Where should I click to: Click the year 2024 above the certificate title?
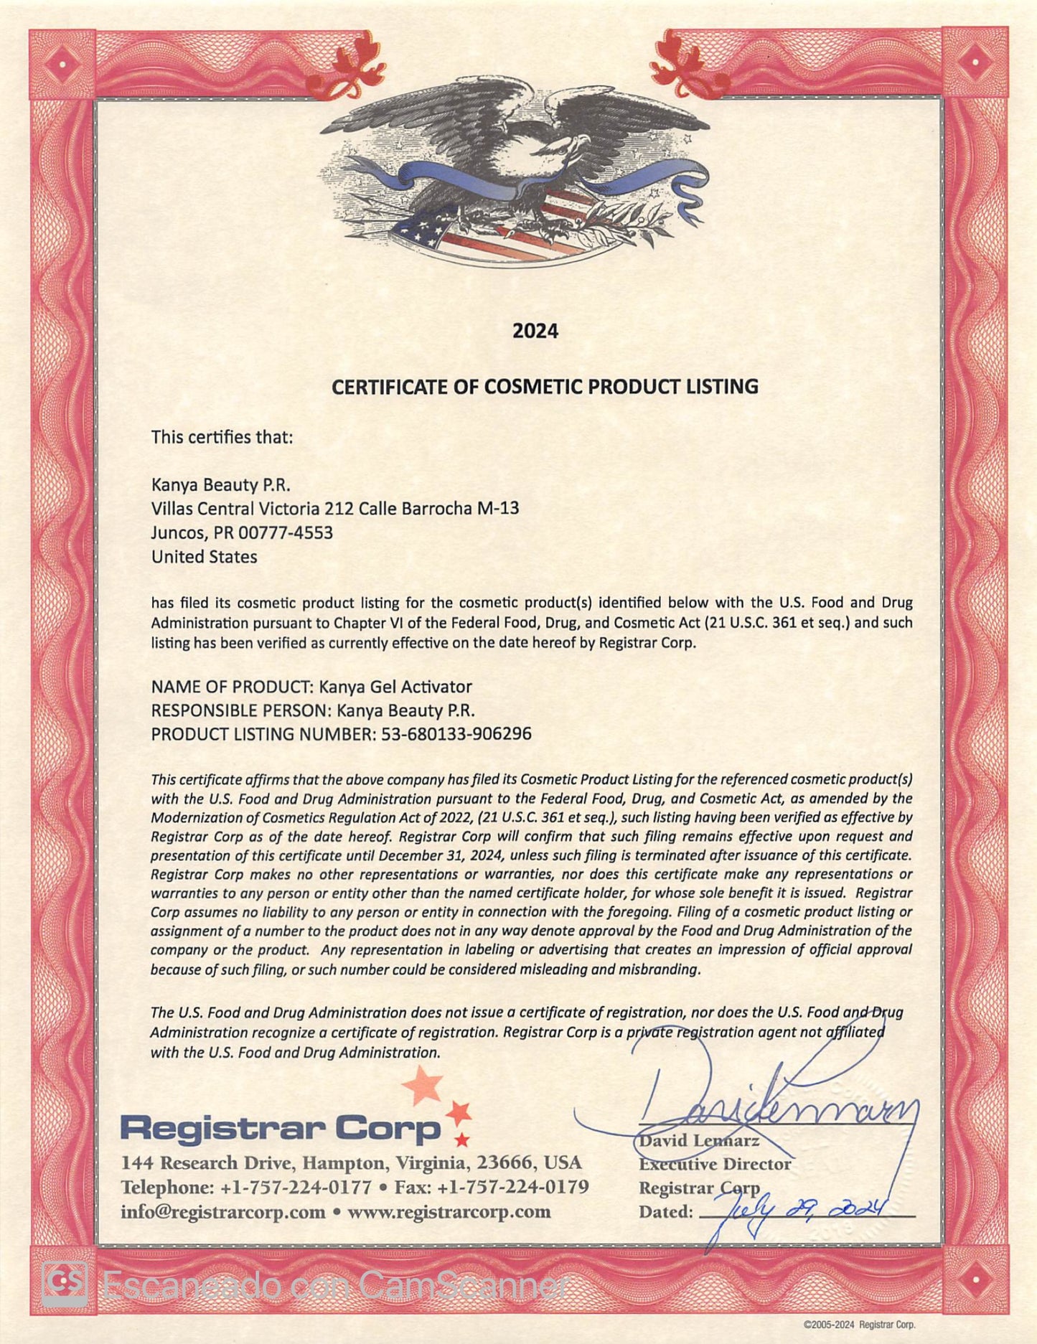click(x=535, y=331)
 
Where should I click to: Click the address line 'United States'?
click(x=204, y=557)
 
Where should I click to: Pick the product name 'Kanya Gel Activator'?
click(x=395, y=687)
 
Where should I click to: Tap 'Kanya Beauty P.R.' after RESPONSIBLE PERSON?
click(x=405, y=710)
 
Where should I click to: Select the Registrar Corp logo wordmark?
click(x=280, y=1127)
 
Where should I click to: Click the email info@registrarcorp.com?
click(x=223, y=1212)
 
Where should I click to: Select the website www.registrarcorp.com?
click(x=449, y=1212)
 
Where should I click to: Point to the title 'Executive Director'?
click(x=715, y=1164)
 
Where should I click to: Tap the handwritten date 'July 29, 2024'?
click(x=797, y=1211)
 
